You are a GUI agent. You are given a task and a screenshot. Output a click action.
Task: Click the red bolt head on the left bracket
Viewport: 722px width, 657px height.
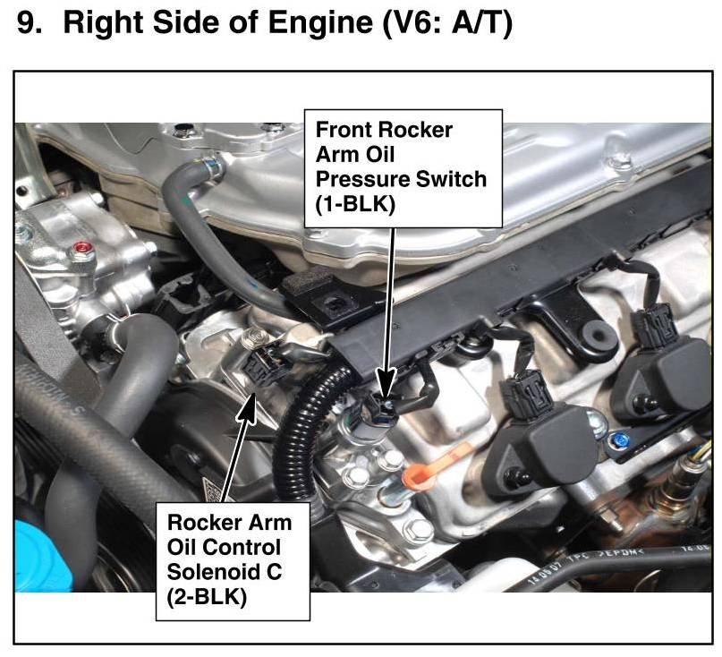point(82,249)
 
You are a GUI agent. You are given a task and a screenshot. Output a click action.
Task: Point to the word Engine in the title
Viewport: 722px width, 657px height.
point(320,22)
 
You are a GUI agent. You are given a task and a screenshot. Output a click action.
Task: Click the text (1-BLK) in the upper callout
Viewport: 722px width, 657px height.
point(355,204)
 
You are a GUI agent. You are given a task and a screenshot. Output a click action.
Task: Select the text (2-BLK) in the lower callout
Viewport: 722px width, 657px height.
point(207,597)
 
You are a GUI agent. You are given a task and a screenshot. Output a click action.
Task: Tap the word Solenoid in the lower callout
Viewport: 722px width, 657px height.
point(211,572)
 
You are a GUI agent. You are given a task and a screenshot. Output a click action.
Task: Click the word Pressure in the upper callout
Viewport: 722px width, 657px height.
point(358,179)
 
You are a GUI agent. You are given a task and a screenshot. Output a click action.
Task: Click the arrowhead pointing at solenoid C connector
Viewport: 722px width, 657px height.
point(248,405)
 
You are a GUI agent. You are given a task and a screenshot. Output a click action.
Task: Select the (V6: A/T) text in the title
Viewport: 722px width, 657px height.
point(446,23)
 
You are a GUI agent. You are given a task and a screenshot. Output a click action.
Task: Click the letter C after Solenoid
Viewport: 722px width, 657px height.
point(274,572)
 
